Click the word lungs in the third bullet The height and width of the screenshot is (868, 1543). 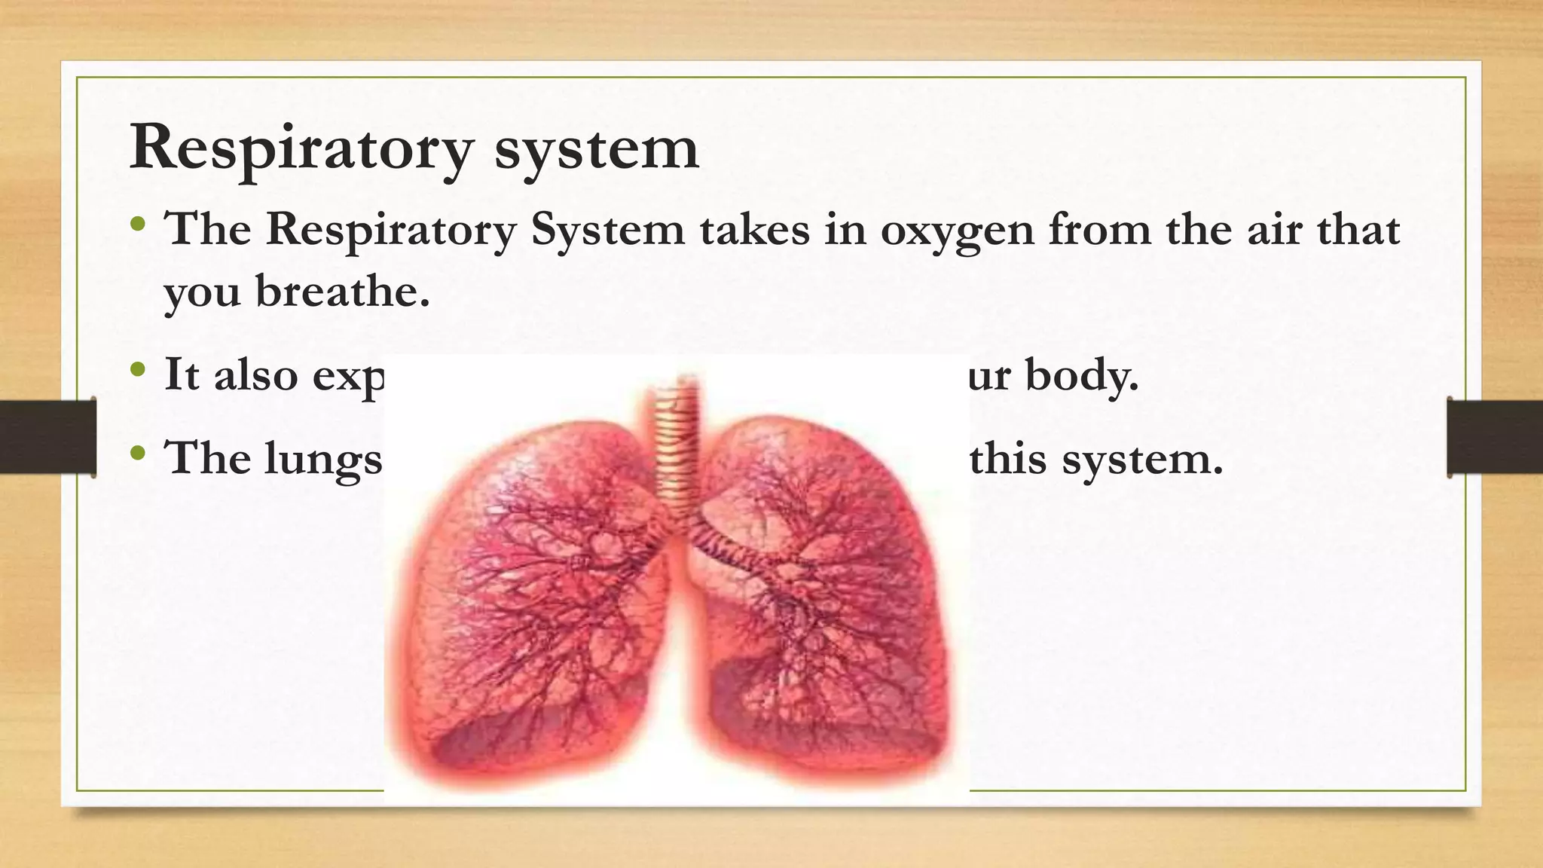click(x=323, y=459)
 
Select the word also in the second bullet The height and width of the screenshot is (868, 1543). click(x=255, y=374)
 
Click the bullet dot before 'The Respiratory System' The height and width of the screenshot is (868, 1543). click(x=137, y=224)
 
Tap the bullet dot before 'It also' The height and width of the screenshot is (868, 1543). click(x=137, y=369)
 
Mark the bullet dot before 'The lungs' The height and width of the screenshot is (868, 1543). click(x=137, y=454)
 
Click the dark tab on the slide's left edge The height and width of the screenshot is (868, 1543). click(x=47, y=437)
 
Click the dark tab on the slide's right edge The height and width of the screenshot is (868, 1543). click(x=1495, y=437)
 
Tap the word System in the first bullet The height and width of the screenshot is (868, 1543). click(x=607, y=229)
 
